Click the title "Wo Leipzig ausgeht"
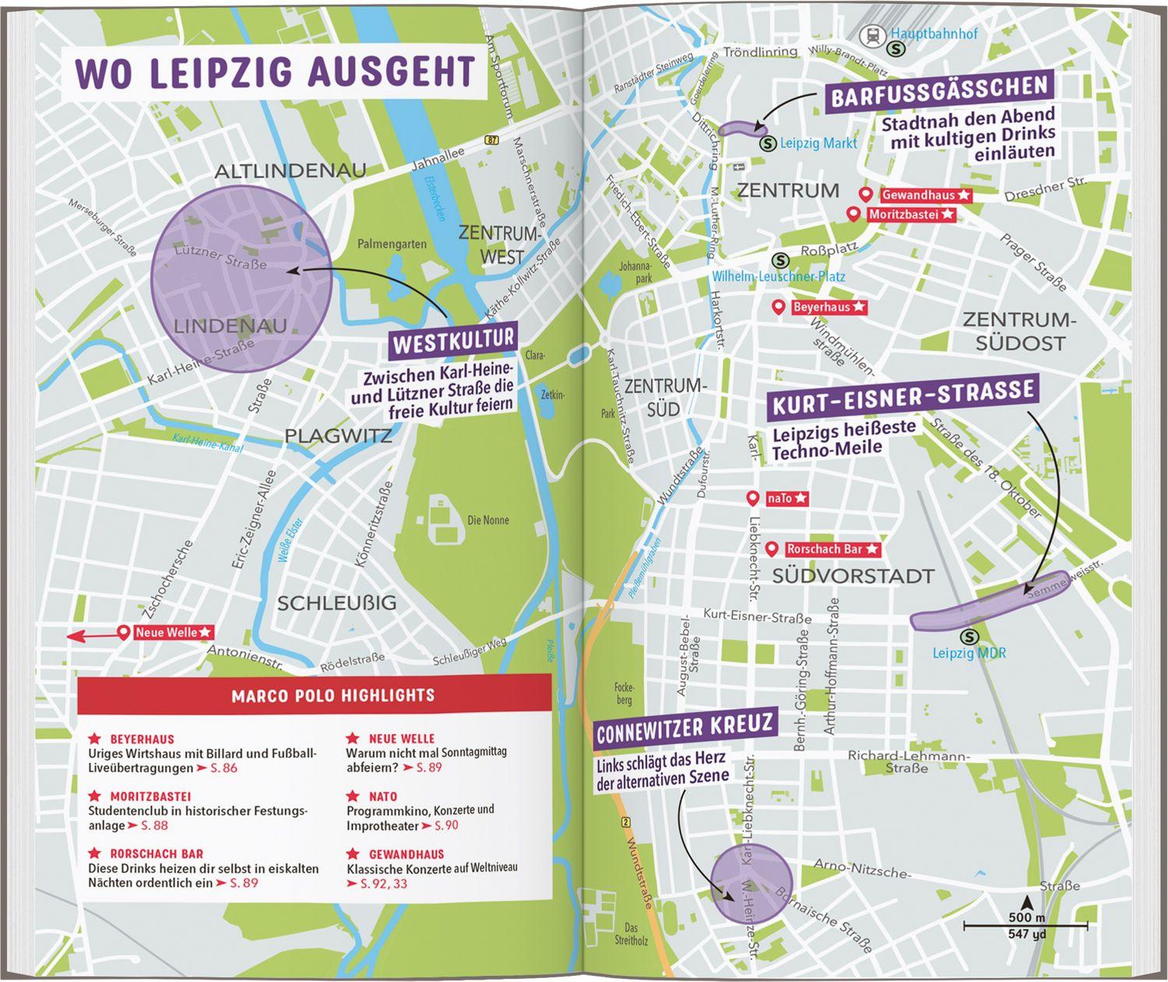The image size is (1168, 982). (x=275, y=72)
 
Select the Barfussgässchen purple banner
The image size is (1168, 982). (x=939, y=95)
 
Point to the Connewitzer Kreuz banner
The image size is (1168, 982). (x=684, y=728)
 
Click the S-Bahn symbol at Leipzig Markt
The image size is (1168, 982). (x=768, y=143)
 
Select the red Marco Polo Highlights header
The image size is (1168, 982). (x=315, y=695)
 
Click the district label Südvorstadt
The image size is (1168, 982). (x=853, y=577)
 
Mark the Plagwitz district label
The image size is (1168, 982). (x=338, y=436)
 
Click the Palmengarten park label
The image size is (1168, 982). (x=392, y=244)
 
